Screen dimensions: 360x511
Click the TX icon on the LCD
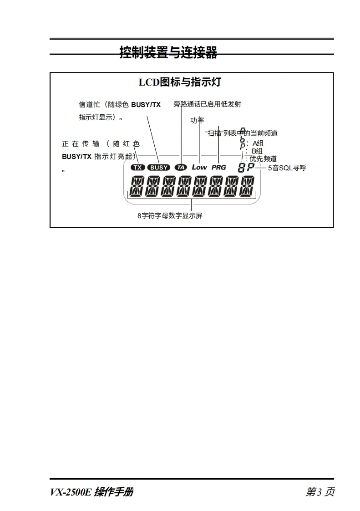(x=137, y=167)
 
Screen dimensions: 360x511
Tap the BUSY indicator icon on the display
(x=159, y=167)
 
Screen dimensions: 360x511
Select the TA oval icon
(x=181, y=167)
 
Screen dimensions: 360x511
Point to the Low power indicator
(x=199, y=167)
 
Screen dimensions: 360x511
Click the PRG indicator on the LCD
(x=218, y=167)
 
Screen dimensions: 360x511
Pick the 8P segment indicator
(x=246, y=168)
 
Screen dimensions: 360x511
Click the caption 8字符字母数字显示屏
(x=170, y=216)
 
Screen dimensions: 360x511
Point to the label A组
(x=258, y=143)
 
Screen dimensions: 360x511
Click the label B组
(x=257, y=151)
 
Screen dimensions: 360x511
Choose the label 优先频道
(x=263, y=158)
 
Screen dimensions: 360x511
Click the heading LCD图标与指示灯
(x=179, y=82)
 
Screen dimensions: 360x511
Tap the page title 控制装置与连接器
(x=168, y=53)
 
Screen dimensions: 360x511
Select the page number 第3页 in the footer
(x=320, y=492)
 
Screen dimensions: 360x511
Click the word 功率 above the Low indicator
(x=197, y=120)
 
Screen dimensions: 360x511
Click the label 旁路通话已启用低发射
(x=207, y=104)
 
